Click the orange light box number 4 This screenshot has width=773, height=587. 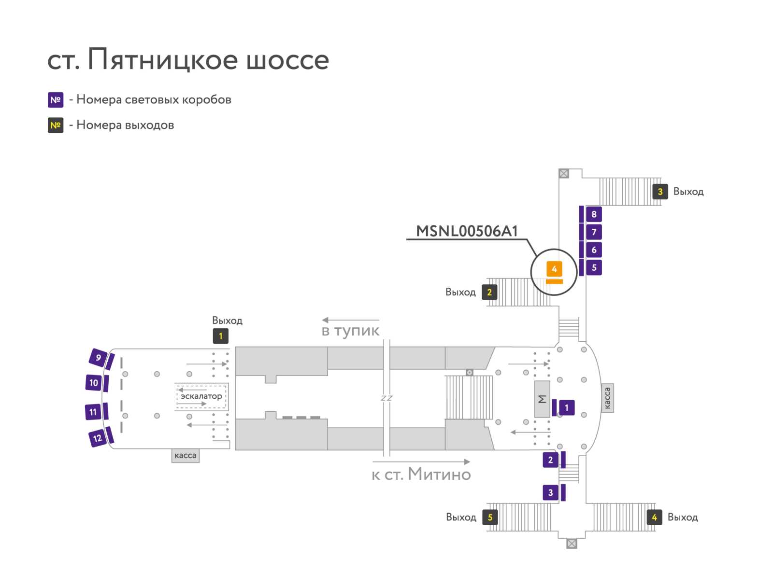coord(554,269)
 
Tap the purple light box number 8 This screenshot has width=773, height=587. coord(594,214)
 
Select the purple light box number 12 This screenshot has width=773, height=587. coord(97,438)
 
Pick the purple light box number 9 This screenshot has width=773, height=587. coord(98,358)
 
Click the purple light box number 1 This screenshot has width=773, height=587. coord(566,407)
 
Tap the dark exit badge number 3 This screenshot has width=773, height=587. coord(660,192)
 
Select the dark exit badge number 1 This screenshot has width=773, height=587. coord(220,336)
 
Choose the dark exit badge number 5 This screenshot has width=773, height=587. coord(490,517)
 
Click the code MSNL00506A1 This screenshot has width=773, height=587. coord(467,231)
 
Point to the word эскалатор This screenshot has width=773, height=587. coord(201,396)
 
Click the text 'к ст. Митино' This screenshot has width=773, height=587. coord(421,474)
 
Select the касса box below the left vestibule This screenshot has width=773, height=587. coord(185,456)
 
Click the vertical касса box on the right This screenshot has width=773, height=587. coord(607,398)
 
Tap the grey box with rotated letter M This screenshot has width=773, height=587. coord(542,399)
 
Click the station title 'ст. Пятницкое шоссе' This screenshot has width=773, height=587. coord(188,59)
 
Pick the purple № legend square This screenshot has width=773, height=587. coord(56,100)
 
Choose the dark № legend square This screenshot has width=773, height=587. coord(56,125)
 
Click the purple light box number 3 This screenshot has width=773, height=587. coord(550,493)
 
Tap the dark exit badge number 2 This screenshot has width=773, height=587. coord(489,292)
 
